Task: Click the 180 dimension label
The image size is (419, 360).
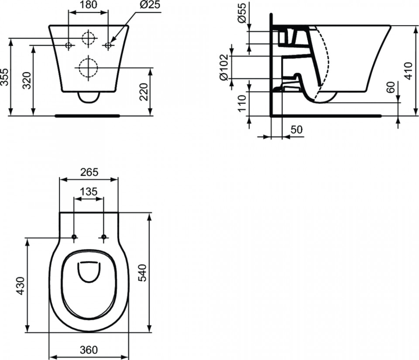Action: pyautogui.click(x=89, y=4)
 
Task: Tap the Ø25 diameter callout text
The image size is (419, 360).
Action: pyautogui.click(x=150, y=4)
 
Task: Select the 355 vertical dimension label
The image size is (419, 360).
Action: pyautogui.click(x=4, y=77)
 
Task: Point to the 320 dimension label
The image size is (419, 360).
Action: pyautogui.click(x=27, y=80)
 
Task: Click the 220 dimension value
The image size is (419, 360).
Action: pyautogui.click(x=144, y=92)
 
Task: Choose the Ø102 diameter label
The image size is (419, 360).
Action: pyautogui.click(x=224, y=67)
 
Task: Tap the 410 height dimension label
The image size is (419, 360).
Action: pyautogui.click(x=409, y=71)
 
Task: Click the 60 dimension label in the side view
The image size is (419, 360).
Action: pyautogui.click(x=390, y=87)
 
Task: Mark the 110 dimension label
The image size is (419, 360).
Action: pyautogui.click(x=242, y=103)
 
